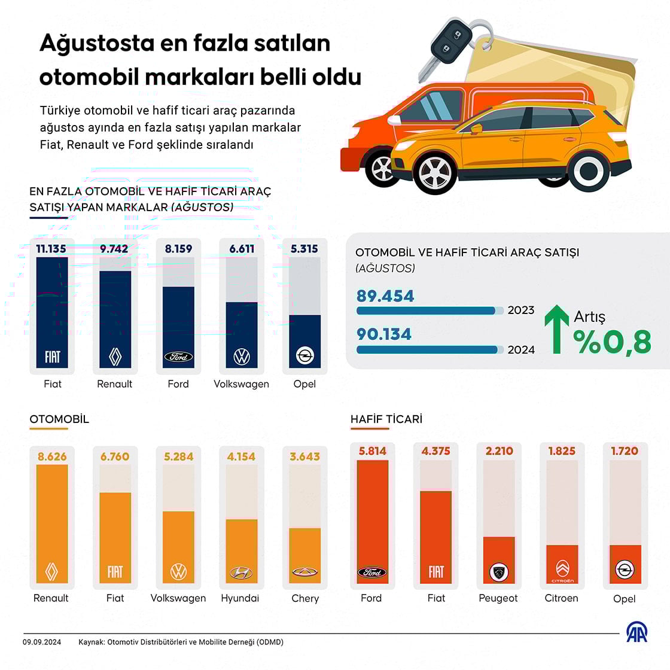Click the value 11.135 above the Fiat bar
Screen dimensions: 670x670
pos(51,249)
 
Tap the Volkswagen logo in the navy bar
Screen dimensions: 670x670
pos(242,357)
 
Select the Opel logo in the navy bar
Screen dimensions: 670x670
pos(304,357)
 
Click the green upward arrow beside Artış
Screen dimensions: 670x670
pos(556,329)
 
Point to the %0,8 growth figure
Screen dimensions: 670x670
pos(612,342)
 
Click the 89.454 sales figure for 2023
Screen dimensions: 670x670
pos(385,296)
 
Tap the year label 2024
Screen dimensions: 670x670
pos(521,350)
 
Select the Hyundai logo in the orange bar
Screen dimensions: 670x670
pos(241,572)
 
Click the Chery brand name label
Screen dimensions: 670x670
pos(305,598)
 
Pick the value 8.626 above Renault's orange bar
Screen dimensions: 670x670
pos(52,456)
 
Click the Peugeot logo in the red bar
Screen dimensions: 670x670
pos(498,572)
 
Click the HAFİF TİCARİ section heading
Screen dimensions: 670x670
pos(386,419)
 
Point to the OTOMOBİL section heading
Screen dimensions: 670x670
pos(59,419)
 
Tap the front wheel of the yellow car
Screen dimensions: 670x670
pos(435,173)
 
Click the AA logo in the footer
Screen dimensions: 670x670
pos(636,633)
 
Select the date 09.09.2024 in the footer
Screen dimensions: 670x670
pos(42,642)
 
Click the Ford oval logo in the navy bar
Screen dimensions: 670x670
pos(178,357)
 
